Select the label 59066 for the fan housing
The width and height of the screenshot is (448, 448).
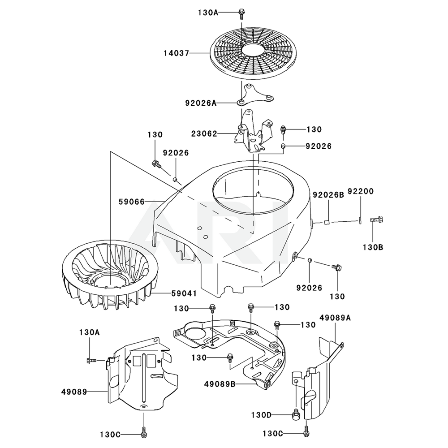point(132,202)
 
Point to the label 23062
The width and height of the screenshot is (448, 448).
point(204,134)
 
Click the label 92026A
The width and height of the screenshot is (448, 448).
point(201,103)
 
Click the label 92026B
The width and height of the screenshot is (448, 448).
point(328,195)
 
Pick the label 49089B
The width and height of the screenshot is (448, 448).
point(220,384)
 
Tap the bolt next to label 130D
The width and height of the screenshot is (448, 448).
point(296,415)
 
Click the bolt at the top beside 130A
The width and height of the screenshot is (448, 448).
point(241,13)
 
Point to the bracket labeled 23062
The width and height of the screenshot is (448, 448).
point(253,134)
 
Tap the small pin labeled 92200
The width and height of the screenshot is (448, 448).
point(360,220)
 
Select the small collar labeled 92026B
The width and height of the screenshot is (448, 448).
point(327,221)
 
